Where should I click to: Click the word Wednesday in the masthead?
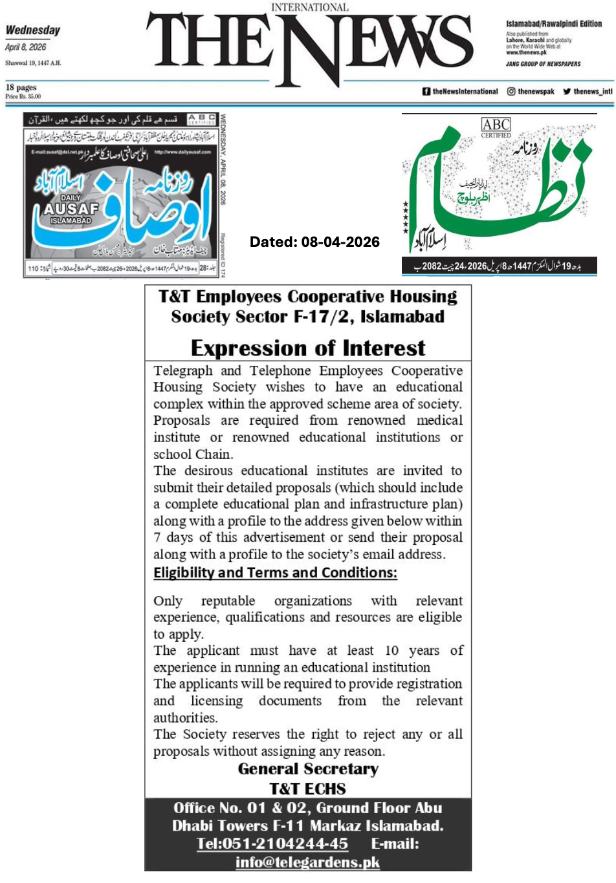coord(32,30)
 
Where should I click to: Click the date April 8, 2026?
coord(26,47)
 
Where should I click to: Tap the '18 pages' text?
coord(21,87)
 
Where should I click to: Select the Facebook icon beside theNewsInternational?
coord(426,92)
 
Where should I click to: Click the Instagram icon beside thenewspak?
coord(511,92)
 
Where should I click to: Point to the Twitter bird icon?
coord(567,92)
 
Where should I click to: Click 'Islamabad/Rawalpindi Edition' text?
coord(553,24)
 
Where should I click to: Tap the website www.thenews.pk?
coord(526,52)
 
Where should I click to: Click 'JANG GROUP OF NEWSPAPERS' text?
coord(543,64)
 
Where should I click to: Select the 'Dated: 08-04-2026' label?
coord(314,242)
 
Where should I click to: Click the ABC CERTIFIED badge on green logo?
coord(496,127)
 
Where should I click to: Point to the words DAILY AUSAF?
coord(71,206)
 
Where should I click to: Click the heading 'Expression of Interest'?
coord(308,348)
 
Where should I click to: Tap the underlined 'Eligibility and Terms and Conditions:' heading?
coord(275,573)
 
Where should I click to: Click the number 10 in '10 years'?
coord(391,650)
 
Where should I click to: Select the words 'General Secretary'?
coord(308,769)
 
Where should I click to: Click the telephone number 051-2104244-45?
coord(284,844)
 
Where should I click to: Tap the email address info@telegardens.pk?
coord(307,862)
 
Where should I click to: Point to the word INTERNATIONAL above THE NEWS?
coord(310,7)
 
